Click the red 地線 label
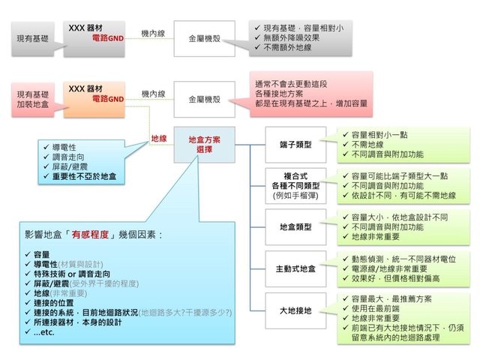point(157,138)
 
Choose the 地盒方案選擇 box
point(205,145)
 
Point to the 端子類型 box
point(295,144)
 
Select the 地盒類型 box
point(295,226)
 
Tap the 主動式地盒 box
point(295,268)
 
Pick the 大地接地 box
point(295,310)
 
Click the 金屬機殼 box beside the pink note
point(204,98)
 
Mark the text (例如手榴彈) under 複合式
point(295,196)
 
